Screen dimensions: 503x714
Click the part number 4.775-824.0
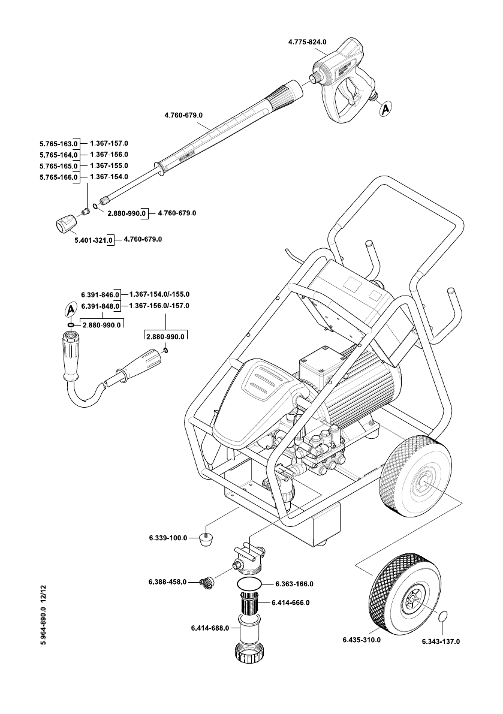pyautogui.click(x=308, y=42)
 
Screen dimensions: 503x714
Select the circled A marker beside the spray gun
pyautogui.click(x=385, y=109)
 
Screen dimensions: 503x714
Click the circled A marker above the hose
pyautogui.click(x=71, y=310)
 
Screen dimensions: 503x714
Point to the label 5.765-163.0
pyautogui.click(x=59, y=144)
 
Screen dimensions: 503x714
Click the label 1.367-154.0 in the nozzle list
pyautogui.click(x=109, y=177)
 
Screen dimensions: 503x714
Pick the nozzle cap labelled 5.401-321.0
pyautogui.click(x=67, y=224)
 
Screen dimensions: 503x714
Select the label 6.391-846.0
pyautogui.click(x=100, y=295)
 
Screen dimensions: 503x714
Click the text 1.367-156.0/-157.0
pyautogui.click(x=159, y=306)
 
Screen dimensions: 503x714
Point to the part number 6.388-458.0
pyautogui.click(x=167, y=582)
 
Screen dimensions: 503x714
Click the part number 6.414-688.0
pyautogui.click(x=210, y=628)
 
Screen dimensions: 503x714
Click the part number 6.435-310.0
pyautogui.click(x=362, y=640)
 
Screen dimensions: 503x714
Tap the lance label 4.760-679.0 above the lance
pyautogui.click(x=183, y=115)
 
